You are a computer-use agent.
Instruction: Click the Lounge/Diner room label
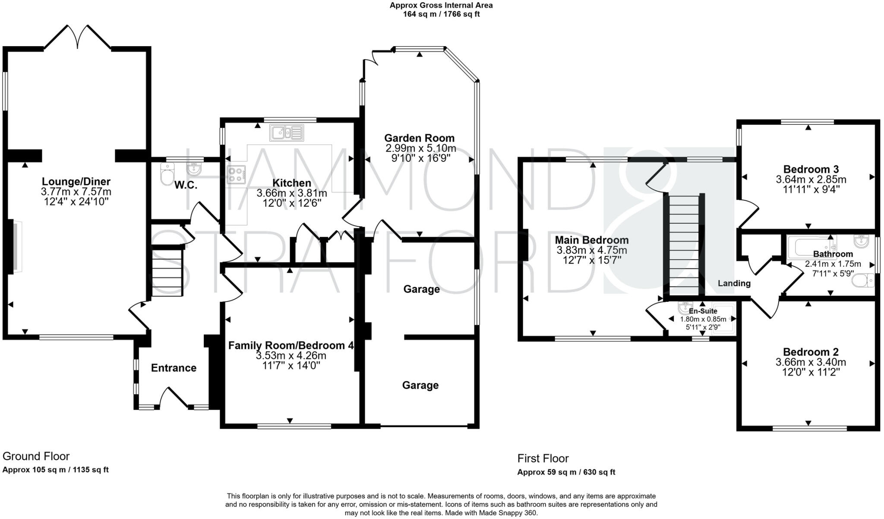[76, 182]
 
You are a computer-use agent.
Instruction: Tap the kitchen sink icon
[287, 133]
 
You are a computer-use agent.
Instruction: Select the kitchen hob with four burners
[236, 175]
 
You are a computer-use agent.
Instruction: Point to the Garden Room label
[419, 138]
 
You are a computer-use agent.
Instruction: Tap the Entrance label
[174, 368]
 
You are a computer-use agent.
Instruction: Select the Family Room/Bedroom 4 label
[290, 345]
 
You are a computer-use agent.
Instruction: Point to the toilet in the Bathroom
[863, 281]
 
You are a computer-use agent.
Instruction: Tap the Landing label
[734, 284]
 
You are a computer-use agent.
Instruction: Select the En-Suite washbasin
[685, 308]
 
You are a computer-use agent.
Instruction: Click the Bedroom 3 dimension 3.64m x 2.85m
[811, 180]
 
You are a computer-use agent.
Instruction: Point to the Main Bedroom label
[591, 240]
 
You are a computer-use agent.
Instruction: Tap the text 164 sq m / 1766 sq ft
[441, 14]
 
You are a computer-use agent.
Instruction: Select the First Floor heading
[543, 459]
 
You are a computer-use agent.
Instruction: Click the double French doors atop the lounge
[78, 37]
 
